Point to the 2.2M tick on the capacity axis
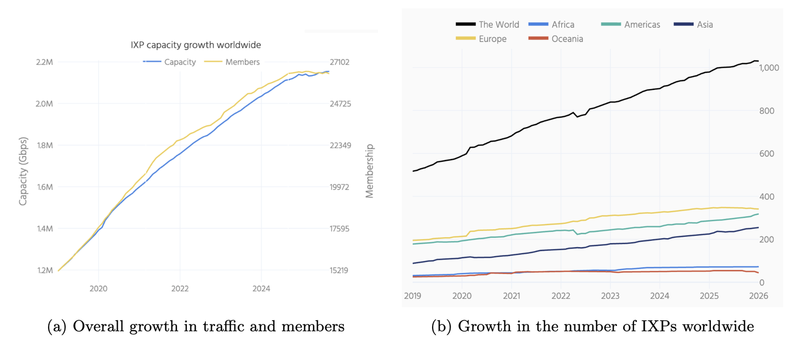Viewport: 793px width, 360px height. click(44, 62)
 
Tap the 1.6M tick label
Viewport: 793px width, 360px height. click(44, 187)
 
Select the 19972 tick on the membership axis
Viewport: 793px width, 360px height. click(340, 187)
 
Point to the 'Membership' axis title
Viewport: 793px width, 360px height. click(369, 171)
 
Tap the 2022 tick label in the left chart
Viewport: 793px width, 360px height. click(180, 289)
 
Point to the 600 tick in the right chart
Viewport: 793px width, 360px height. click(766, 154)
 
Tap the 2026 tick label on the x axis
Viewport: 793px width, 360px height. click(758, 296)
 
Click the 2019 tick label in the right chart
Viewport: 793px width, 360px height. click(413, 296)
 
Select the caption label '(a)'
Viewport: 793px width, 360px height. click(57, 326)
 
